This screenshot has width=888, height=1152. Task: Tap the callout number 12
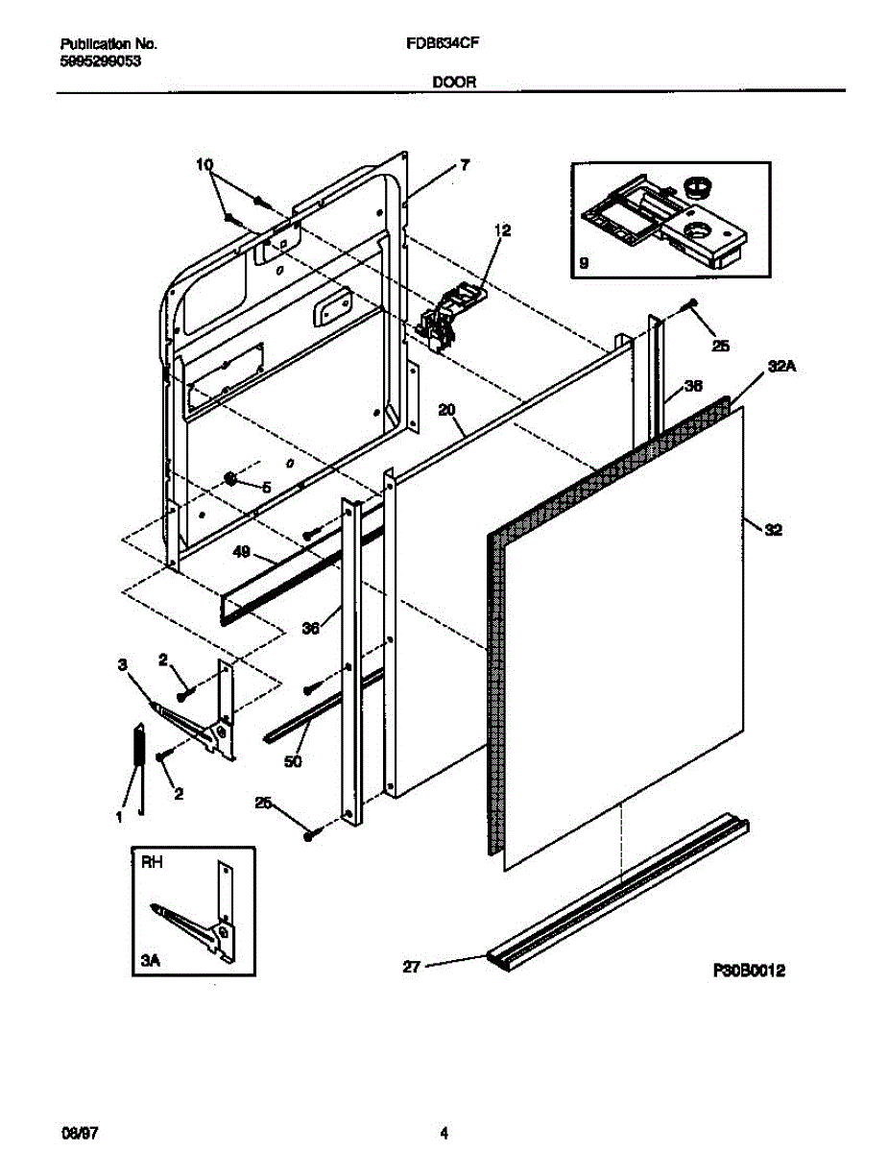tap(503, 230)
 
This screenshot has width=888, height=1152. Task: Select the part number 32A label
tap(780, 366)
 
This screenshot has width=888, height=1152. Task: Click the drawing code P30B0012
tap(750, 972)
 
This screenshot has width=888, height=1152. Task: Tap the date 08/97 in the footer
tap(75, 1133)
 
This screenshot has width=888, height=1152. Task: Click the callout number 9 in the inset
tap(585, 261)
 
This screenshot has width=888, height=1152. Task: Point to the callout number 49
tap(242, 552)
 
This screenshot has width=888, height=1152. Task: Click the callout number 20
tap(445, 409)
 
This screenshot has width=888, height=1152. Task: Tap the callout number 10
tap(205, 164)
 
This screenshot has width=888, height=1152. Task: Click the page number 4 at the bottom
tap(444, 1133)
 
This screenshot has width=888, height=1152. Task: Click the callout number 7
tap(464, 165)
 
